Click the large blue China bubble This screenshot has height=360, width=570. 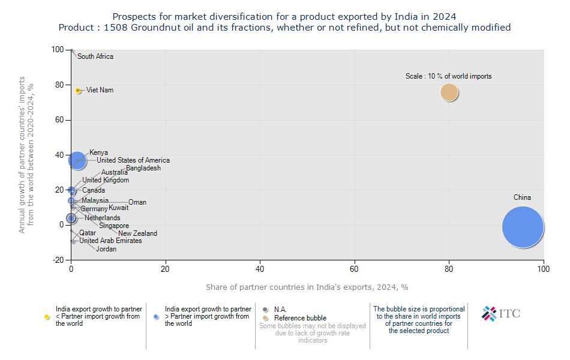[523, 227]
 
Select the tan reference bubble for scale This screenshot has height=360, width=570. [449, 92]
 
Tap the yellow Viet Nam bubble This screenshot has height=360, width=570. [78, 90]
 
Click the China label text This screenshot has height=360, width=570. [522, 197]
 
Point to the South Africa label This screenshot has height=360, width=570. [95, 56]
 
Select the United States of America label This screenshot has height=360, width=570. [133, 160]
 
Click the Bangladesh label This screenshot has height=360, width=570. [143, 169]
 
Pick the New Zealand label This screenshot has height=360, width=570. [137, 233]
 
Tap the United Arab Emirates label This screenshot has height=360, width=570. [111, 241]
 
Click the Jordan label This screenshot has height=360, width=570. [106, 249]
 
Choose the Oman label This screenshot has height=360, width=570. [137, 202]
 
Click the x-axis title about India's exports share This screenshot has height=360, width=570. [307, 287]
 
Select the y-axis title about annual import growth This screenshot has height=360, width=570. [27, 155]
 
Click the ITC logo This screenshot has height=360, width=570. [501, 313]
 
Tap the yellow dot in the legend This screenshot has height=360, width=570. [47, 316]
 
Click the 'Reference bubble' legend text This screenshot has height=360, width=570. [300, 318]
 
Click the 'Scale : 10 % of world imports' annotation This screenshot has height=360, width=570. [449, 76]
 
